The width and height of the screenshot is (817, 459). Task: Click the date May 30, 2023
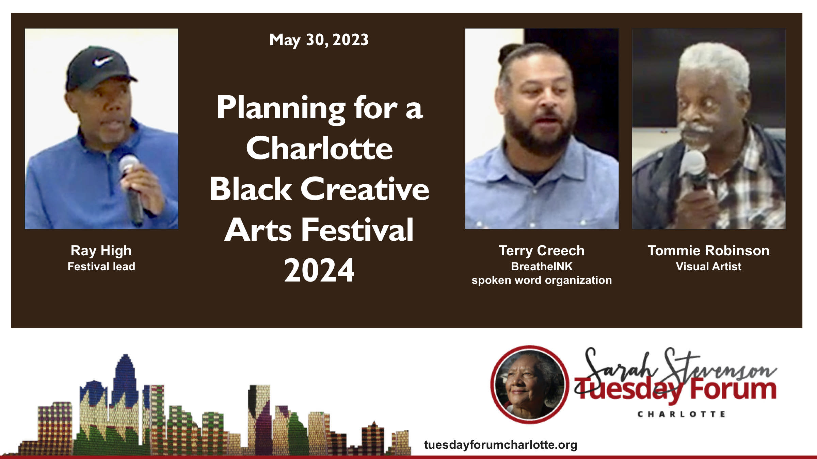coord(319,40)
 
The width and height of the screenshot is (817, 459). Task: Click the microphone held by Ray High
coord(132,189)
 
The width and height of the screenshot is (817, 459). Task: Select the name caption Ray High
coord(101,251)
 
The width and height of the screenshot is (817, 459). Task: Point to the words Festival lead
coord(101,266)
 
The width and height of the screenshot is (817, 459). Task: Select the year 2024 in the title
coord(319,270)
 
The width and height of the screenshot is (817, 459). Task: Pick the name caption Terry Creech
coord(542,251)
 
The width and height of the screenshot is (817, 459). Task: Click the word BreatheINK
coord(542,266)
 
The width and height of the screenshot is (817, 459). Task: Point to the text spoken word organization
coord(542,280)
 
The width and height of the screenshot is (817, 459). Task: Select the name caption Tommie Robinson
coord(708,251)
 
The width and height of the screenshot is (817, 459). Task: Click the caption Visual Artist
coord(708,266)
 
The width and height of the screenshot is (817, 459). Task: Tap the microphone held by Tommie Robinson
coord(694,170)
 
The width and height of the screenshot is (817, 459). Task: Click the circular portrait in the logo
coord(530,385)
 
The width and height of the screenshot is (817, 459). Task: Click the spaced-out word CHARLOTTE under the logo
coord(681,414)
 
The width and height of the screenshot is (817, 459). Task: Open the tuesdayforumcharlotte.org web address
coord(500,445)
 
